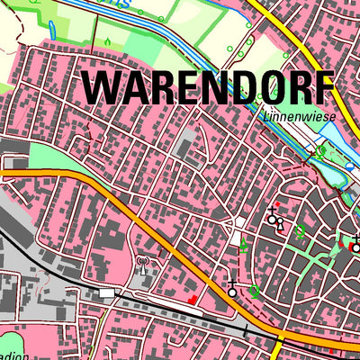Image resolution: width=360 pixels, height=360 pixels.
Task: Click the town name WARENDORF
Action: pyautogui.click(x=209, y=88)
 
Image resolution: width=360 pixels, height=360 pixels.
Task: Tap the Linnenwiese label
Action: pyautogui.click(x=292, y=116)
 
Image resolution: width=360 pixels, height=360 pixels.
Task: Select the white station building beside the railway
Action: pyautogui.click(x=108, y=293)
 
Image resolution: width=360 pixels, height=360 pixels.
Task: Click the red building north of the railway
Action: pyautogui.click(x=192, y=300)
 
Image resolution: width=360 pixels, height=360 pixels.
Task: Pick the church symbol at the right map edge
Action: pyautogui.click(x=355, y=239)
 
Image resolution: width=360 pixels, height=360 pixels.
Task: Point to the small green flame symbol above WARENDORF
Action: pyautogui.click(x=106, y=40)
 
